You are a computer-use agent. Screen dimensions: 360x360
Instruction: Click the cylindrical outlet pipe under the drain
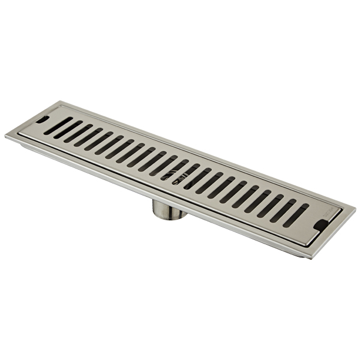tap(169, 208)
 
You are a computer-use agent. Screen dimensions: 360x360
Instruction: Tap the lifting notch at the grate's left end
tap(42, 119)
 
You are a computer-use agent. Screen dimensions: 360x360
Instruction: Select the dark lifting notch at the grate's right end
tap(321, 224)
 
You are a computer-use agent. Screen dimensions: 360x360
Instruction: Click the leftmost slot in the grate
tap(58, 126)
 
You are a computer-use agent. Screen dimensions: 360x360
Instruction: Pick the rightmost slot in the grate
tap(296, 215)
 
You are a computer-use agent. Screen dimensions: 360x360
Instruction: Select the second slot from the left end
tap(68, 130)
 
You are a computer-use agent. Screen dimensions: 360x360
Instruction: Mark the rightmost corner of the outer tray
tap(355, 210)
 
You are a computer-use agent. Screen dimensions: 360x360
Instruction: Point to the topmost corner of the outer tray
tap(62, 101)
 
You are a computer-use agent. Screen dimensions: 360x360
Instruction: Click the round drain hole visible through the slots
tap(179, 172)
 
